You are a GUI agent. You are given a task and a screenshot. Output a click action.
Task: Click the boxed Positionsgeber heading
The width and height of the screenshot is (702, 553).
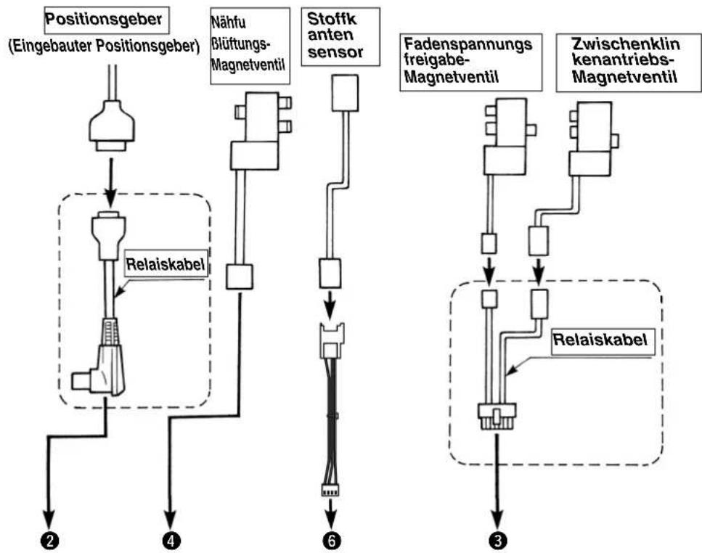[x=107, y=20]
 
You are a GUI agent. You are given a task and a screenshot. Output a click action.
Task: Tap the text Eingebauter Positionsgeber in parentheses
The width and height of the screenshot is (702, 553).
[x=104, y=46]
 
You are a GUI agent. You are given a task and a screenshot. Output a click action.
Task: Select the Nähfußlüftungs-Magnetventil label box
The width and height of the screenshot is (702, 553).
[x=250, y=46]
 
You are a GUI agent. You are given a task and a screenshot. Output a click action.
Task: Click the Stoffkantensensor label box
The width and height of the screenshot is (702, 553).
[x=340, y=37]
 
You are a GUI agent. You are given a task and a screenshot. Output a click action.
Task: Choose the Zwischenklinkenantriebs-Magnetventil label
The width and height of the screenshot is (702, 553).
[x=628, y=62]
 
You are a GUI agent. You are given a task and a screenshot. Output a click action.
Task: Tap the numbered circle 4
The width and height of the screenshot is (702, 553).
[x=171, y=541]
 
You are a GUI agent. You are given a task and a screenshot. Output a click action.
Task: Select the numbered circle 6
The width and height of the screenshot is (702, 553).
[x=331, y=541]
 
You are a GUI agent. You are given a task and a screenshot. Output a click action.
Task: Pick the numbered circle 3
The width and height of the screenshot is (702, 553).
[x=498, y=541]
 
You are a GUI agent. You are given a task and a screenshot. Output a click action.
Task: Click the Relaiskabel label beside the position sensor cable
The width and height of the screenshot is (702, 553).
[x=166, y=264]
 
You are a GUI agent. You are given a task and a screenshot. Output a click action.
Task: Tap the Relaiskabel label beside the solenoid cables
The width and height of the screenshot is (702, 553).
[x=600, y=340]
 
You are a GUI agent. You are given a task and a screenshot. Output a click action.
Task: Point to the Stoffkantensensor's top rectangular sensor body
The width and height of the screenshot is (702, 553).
[x=345, y=93]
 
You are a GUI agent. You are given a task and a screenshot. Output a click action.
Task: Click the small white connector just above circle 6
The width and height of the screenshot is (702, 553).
[x=330, y=491]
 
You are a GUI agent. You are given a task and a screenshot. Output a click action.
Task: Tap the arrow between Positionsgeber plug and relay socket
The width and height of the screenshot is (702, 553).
[x=110, y=181]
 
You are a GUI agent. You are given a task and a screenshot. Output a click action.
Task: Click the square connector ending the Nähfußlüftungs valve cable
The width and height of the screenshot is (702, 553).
[x=240, y=276]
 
